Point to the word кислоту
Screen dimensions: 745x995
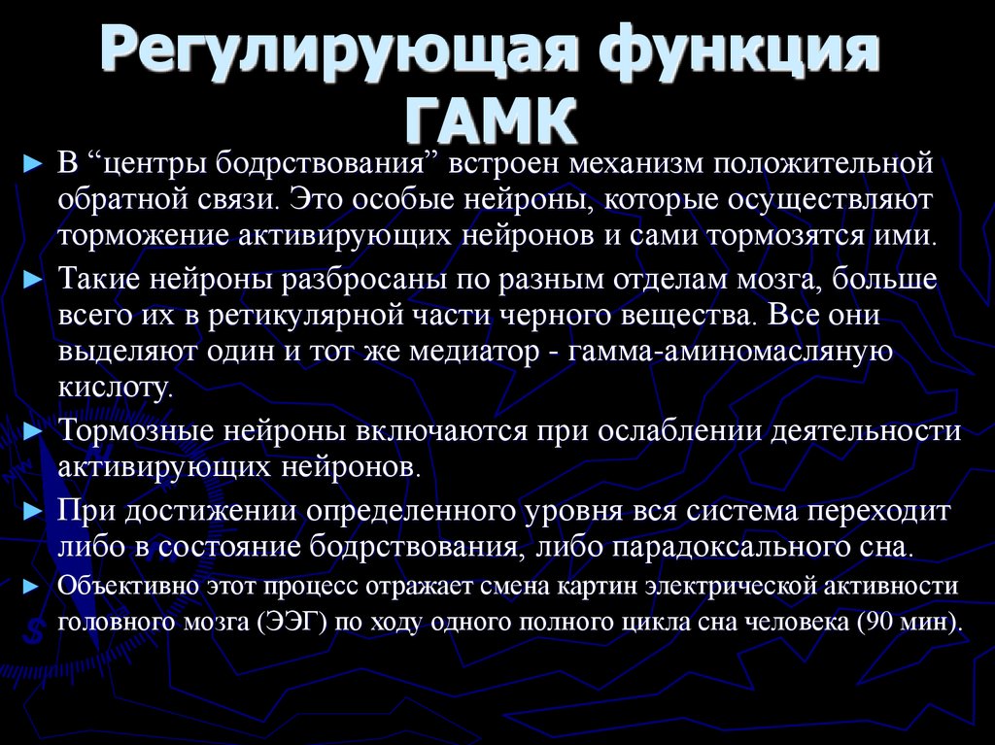116,389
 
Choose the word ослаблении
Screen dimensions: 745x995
657,430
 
